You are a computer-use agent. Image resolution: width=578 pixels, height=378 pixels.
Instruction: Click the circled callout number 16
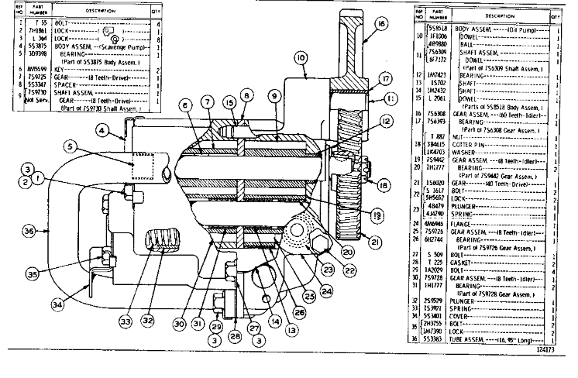coord(381,25)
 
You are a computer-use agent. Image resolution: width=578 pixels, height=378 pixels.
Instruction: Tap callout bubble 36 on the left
coord(29,231)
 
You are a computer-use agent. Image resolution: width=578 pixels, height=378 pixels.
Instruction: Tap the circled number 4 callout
coord(101,132)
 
